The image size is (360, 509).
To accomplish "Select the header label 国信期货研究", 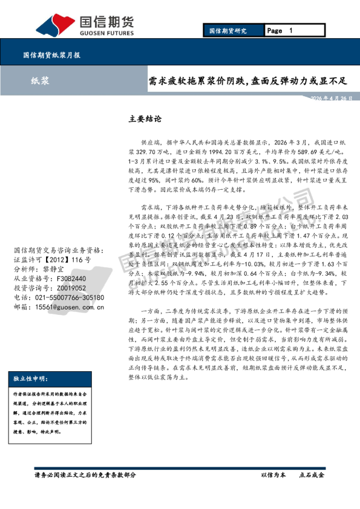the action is (x=227, y=31).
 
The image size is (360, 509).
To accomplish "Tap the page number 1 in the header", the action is (x=290, y=31).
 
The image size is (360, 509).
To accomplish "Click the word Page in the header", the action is (x=274, y=31).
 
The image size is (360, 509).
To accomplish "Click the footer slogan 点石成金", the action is (x=312, y=475).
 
